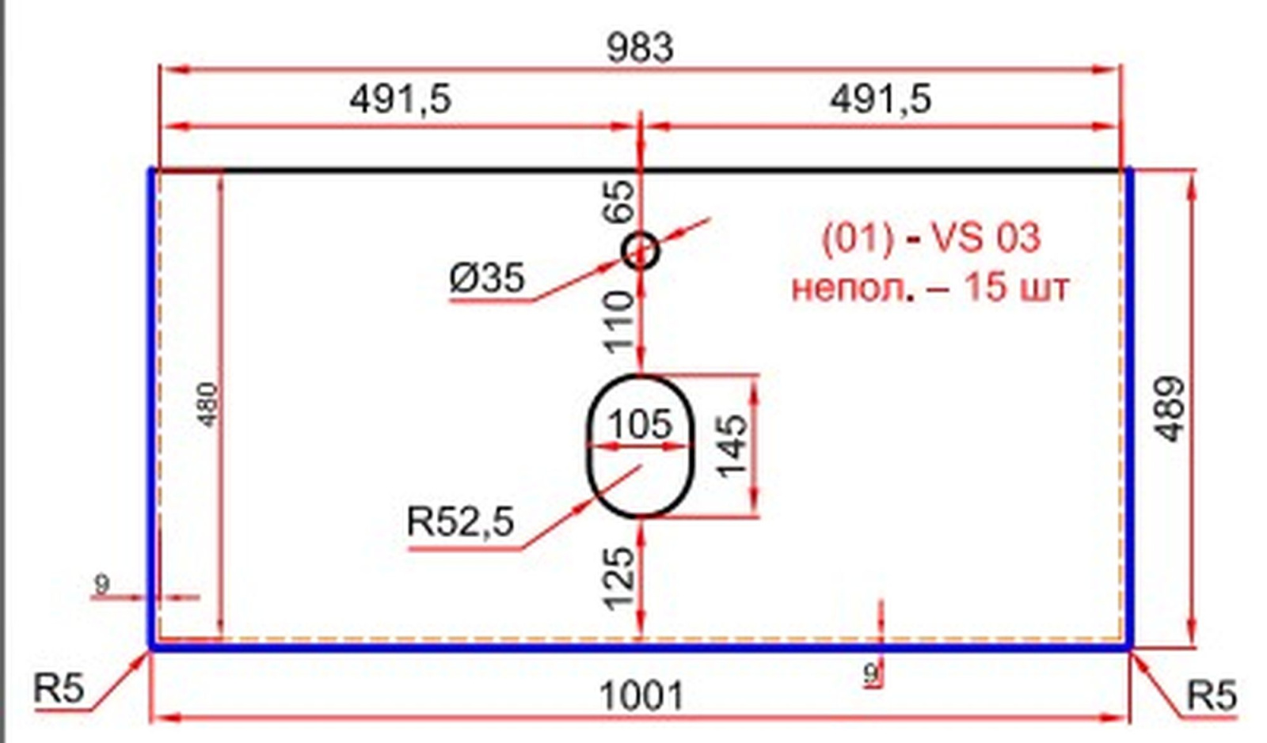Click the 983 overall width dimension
click(x=640, y=48)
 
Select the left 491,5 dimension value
click(x=401, y=100)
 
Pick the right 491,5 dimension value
click(x=880, y=100)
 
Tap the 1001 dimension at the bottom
click(x=641, y=696)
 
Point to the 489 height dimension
click(x=1169, y=408)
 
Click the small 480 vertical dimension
click(x=209, y=404)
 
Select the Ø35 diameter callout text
click(x=487, y=278)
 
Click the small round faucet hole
click(x=641, y=250)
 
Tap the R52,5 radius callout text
click(x=460, y=521)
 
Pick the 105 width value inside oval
click(x=641, y=424)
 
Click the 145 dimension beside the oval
click(x=732, y=445)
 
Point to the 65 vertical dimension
click(x=618, y=201)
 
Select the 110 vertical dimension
click(x=619, y=322)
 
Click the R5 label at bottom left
click(x=59, y=688)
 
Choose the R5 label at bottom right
click(x=1212, y=695)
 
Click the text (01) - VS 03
click(x=931, y=238)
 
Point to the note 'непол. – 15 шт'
click(x=930, y=287)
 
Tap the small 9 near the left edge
click(x=102, y=584)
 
